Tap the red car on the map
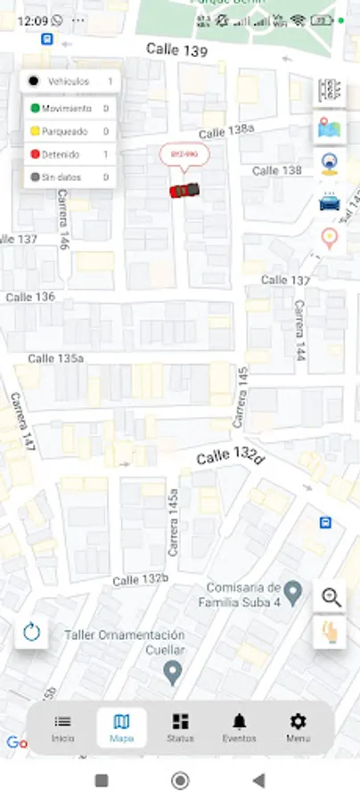pos(184,190)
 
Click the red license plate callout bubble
pos(178,155)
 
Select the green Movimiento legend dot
pos(34,109)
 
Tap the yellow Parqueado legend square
pos(34,131)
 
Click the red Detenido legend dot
pos(34,154)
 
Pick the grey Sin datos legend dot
pos(34,177)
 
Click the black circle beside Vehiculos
pos(33,81)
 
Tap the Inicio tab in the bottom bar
pos(62,728)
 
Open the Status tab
pos(180,728)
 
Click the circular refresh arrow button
pos(32,633)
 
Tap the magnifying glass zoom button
pos(331,597)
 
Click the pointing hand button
pos(331,632)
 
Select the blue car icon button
pos(330,201)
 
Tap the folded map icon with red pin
pos(330,129)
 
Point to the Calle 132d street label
pos(231,458)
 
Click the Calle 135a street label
pos(55,358)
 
